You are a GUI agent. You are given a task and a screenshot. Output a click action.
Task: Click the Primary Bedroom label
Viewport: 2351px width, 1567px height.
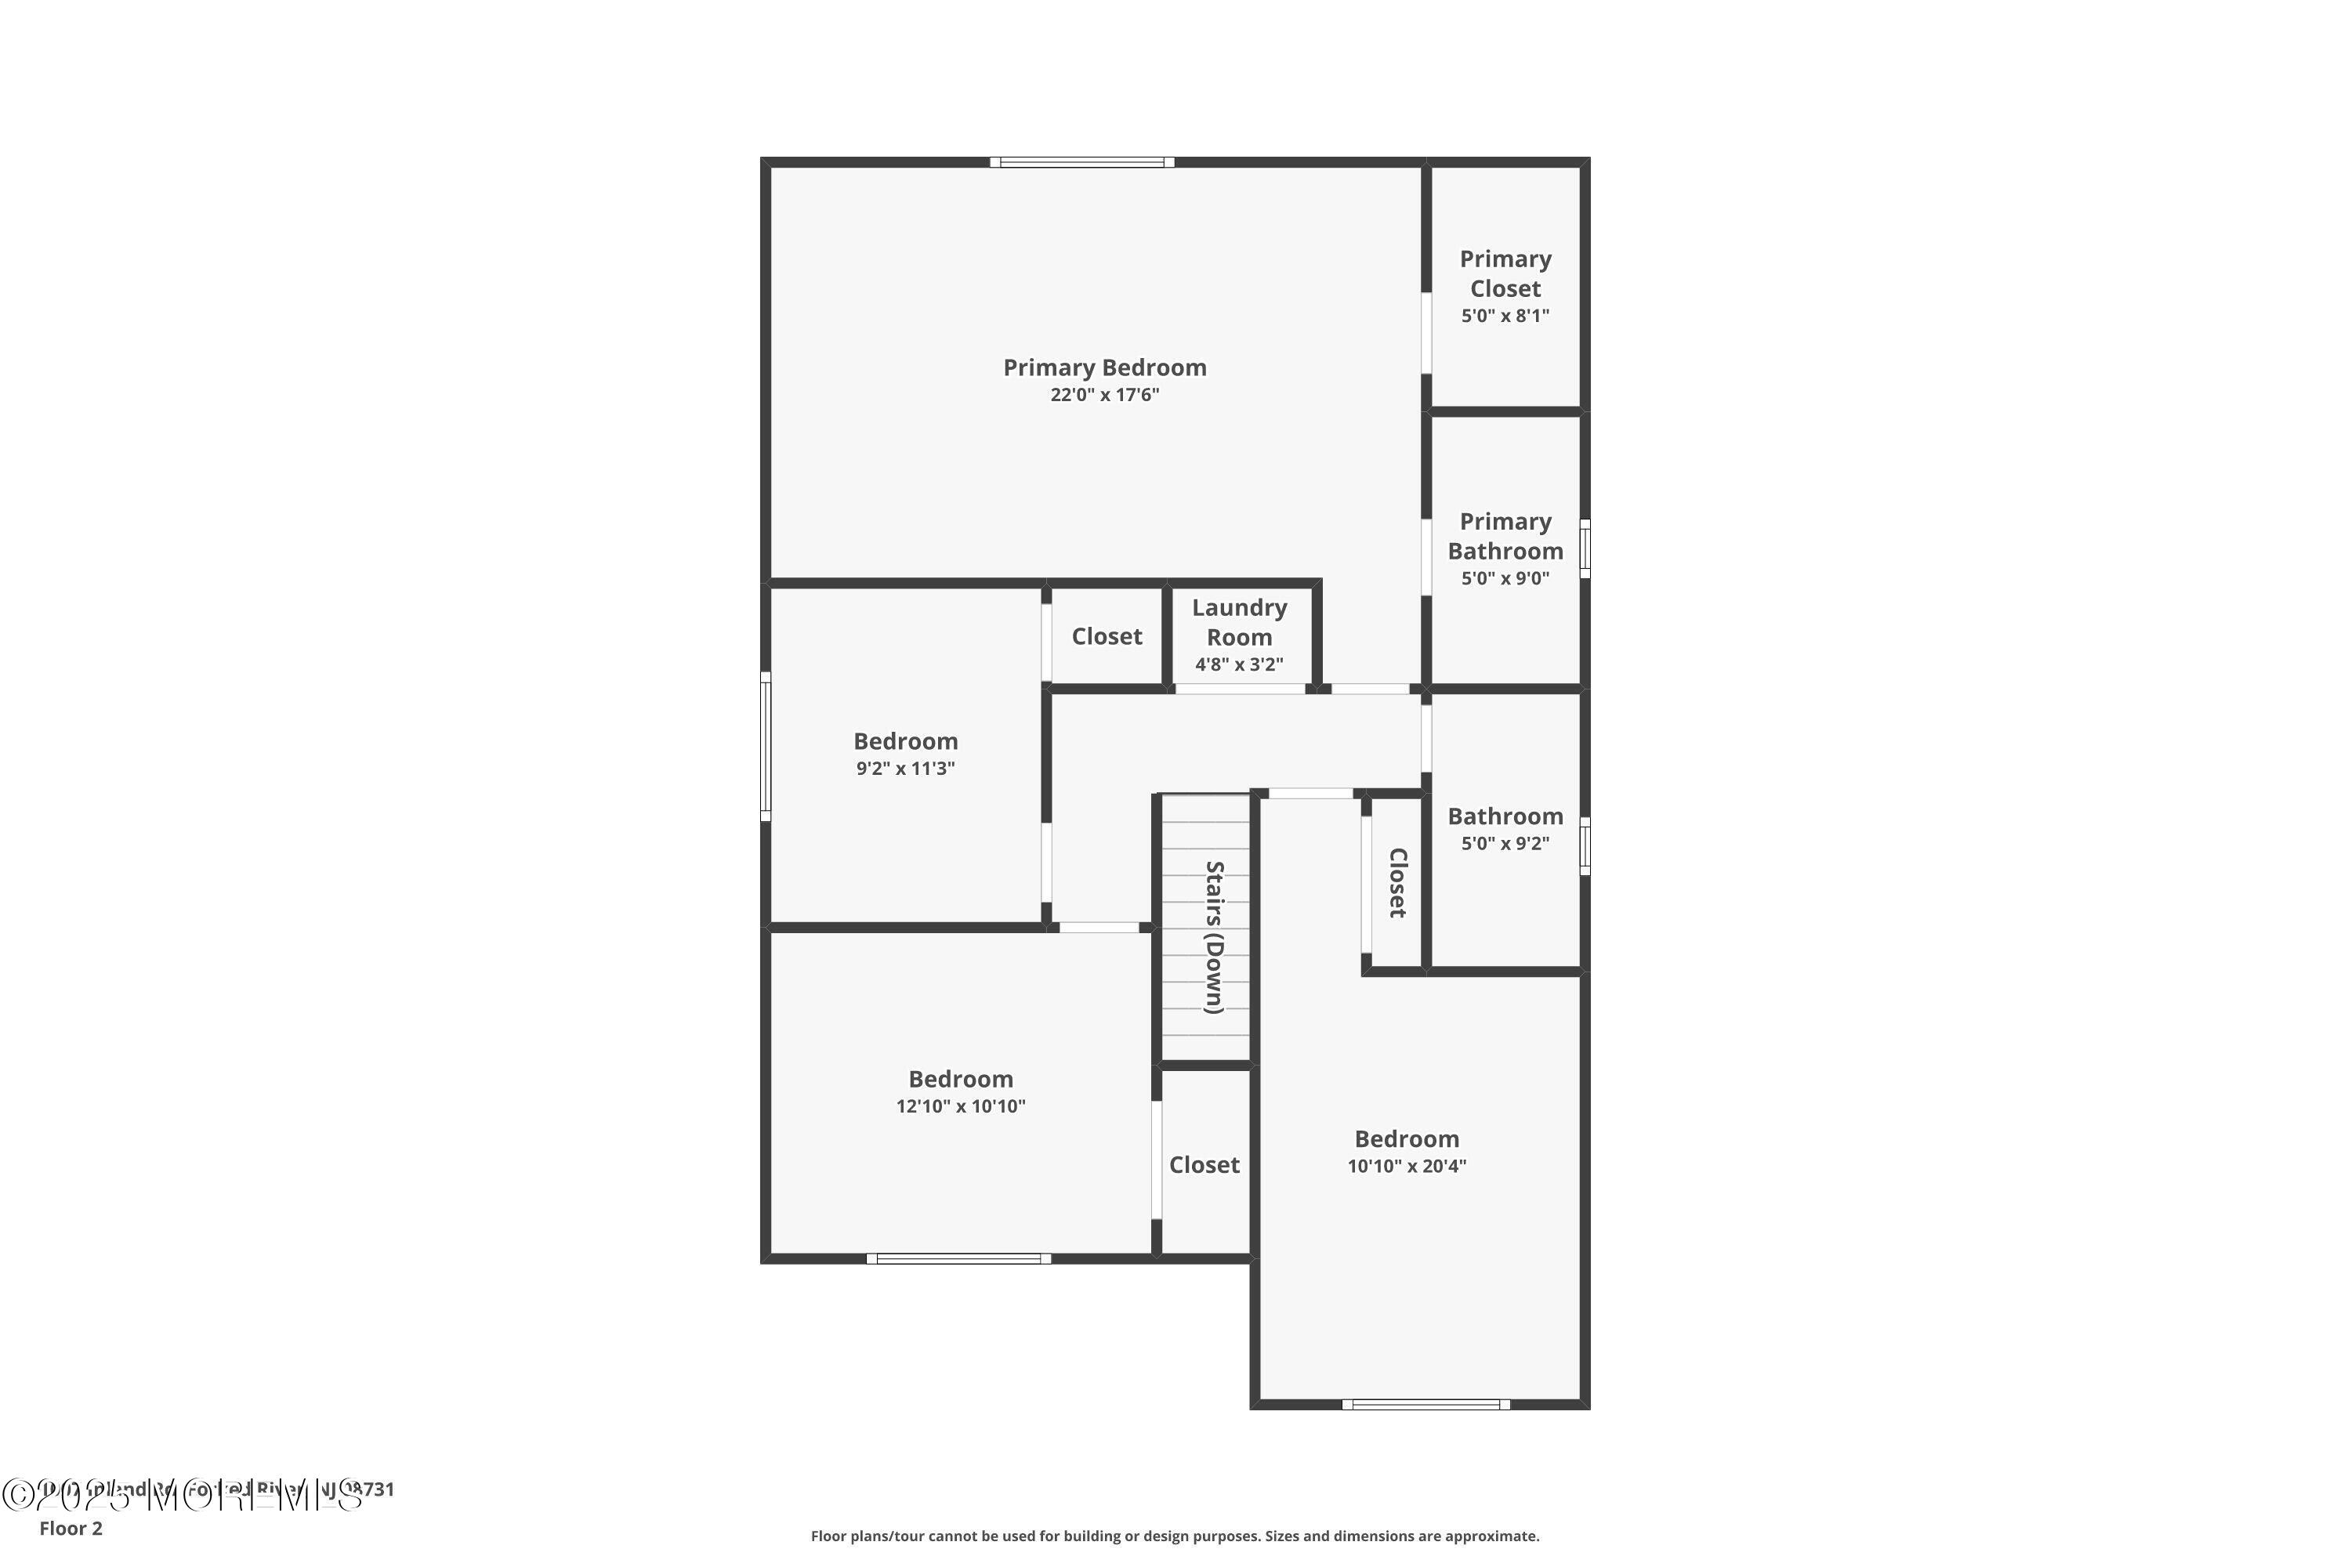1104,367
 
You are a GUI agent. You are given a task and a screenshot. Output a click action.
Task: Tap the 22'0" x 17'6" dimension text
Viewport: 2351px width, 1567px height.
1104,395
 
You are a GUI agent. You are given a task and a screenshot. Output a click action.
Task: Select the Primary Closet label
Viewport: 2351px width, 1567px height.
1505,273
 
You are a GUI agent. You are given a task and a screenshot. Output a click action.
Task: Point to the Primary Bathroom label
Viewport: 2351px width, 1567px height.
1505,537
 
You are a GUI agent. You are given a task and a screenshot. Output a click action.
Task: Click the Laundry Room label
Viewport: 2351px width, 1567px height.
1240,623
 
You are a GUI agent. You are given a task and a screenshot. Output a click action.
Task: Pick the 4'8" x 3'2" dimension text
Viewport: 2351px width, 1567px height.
1240,664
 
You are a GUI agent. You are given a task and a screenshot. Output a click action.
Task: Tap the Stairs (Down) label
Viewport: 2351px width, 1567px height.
1215,936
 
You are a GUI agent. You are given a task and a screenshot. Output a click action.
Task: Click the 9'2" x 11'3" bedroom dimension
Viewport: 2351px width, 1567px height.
906,769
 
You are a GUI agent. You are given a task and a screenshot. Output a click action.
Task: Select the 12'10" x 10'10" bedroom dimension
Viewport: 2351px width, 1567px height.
961,1106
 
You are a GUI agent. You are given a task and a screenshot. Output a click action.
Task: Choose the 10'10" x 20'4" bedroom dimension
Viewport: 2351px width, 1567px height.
1407,1167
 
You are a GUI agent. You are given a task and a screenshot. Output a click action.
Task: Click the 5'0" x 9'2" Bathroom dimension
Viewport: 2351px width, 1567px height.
1505,844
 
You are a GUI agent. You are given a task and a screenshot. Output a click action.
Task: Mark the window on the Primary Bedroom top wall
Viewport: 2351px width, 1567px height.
1082,162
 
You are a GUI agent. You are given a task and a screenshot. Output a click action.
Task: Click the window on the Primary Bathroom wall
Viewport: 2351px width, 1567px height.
1585,548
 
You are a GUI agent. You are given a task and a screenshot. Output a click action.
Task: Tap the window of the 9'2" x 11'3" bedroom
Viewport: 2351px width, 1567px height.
766,747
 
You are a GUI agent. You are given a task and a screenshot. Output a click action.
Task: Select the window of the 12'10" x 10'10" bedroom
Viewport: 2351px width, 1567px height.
958,1259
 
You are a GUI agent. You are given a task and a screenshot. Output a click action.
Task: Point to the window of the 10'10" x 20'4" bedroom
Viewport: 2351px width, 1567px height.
1426,1405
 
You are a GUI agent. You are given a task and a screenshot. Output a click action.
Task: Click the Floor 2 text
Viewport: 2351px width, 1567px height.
71,1528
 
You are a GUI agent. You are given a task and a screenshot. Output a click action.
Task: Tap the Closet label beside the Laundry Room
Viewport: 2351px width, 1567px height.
1107,636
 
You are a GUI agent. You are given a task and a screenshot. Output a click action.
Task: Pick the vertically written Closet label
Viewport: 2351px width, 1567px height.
1397,882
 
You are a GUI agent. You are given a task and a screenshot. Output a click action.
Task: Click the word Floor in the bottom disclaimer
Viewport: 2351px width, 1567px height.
830,1536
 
